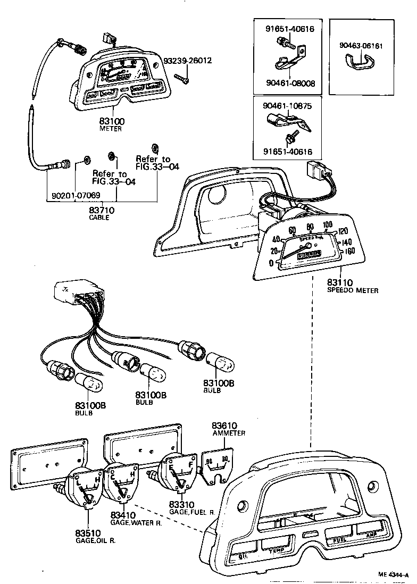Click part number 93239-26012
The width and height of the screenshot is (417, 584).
click(187, 61)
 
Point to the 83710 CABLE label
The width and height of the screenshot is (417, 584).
click(99, 213)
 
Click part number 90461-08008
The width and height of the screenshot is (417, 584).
click(290, 84)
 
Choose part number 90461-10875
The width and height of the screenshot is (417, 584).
click(287, 106)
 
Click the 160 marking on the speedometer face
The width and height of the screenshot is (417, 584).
click(349, 251)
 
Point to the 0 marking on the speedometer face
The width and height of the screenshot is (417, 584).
click(271, 263)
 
